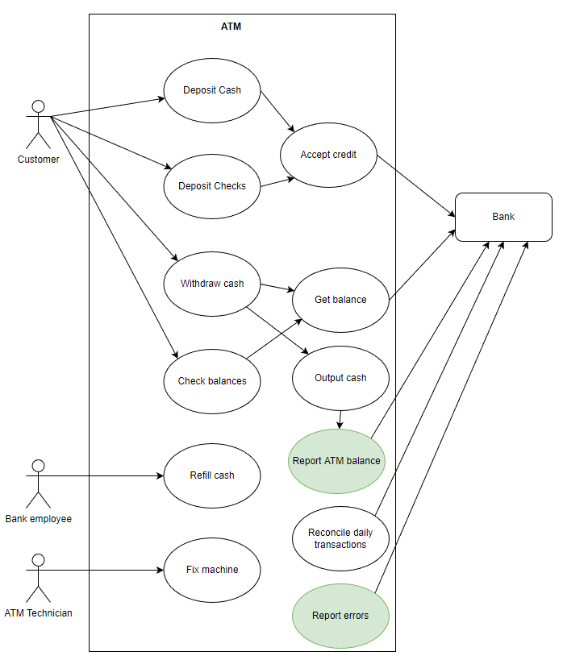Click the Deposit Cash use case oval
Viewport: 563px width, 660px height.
211,90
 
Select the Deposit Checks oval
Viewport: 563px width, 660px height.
211,186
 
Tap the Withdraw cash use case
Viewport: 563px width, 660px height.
211,284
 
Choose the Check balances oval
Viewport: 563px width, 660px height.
211,380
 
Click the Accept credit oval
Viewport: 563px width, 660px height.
327,155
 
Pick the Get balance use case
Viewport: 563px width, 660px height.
340,300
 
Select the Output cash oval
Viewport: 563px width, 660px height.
340,378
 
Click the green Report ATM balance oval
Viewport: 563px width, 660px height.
336,461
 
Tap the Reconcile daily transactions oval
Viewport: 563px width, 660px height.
340,538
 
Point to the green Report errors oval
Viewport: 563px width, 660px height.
340,616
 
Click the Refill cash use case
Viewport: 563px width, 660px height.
211,475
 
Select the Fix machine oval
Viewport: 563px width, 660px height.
211,570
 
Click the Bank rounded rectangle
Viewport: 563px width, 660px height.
503,217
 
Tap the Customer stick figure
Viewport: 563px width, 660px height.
37,123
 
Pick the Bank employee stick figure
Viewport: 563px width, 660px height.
37,483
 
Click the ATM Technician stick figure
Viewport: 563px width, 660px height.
37,577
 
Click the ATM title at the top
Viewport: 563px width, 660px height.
231,27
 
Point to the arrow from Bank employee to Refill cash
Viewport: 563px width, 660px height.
105,475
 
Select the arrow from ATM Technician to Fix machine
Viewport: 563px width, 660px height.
105,571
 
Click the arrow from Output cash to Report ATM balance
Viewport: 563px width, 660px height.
340,420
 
